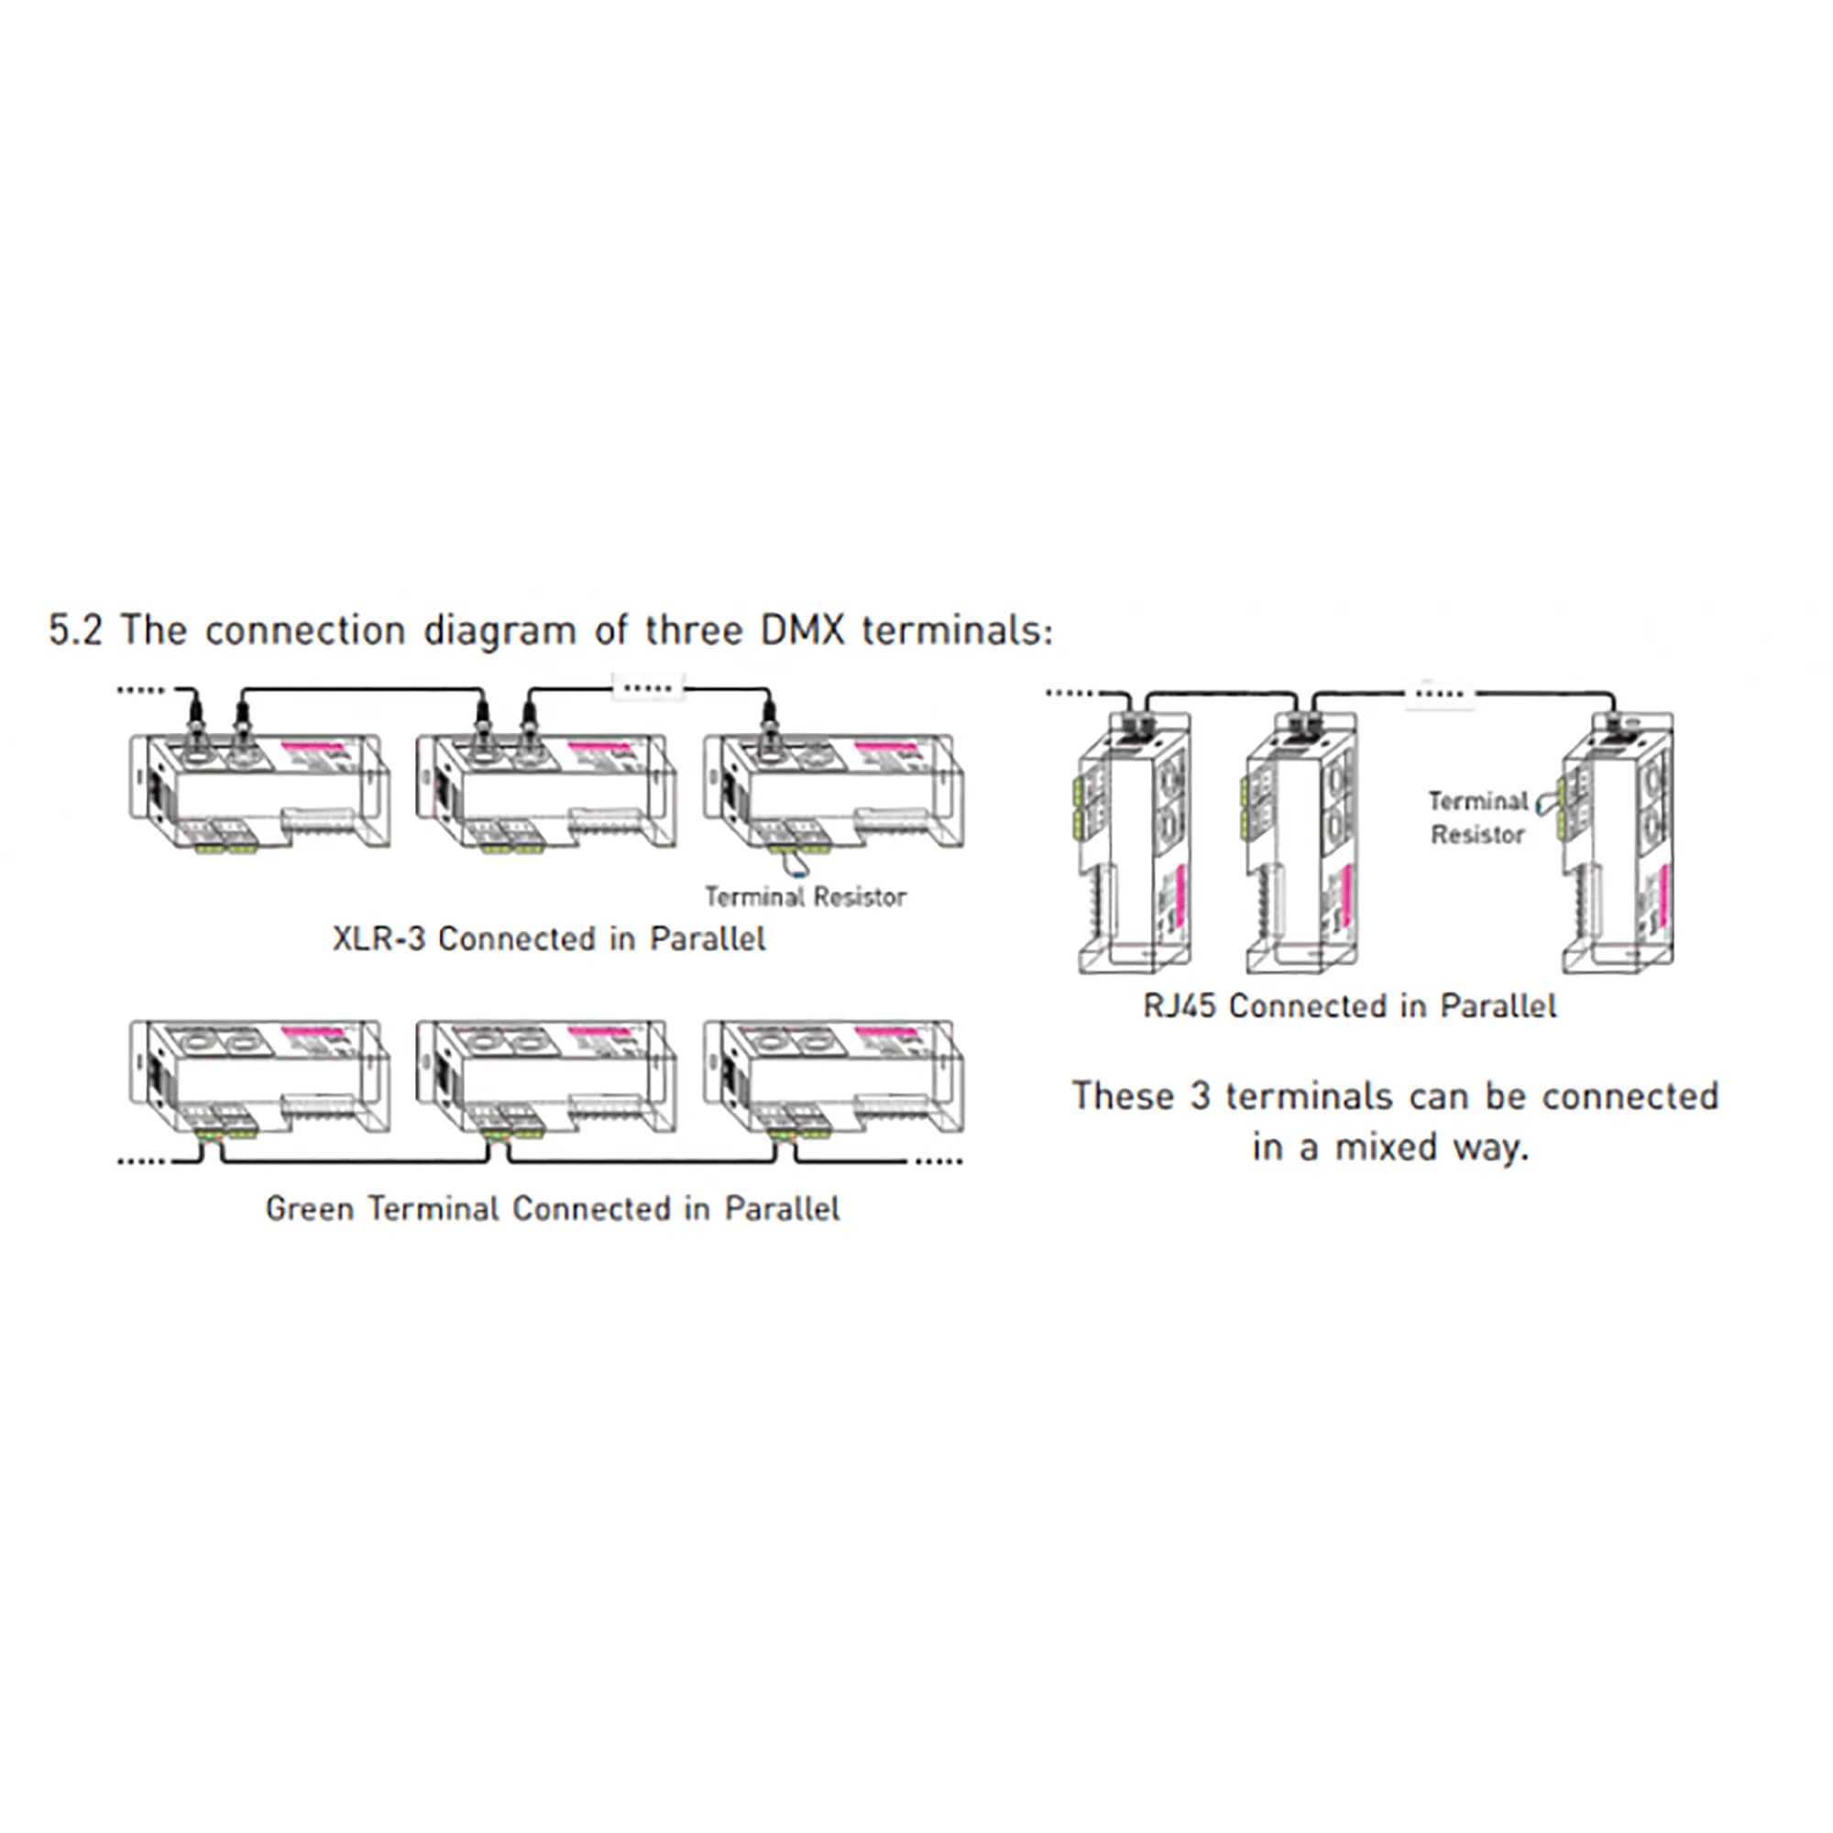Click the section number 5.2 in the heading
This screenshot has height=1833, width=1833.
point(75,631)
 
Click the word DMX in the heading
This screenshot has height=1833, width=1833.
point(802,631)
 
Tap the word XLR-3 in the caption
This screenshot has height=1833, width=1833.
point(378,939)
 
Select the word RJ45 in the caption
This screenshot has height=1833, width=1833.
point(1180,1005)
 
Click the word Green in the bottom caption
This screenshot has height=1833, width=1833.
point(309,1209)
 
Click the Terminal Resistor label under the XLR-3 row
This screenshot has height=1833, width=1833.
point(806,896)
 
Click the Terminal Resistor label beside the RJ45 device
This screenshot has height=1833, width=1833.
point(1477,818)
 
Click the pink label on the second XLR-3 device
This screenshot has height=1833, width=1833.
point(598,747)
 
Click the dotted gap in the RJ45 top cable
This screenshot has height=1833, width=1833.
point(1439,694)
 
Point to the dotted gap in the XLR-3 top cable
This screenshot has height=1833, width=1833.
point(649,686)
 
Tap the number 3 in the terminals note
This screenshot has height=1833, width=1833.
point(1201,1097)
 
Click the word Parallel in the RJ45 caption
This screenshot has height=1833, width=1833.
point(1498,1005)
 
